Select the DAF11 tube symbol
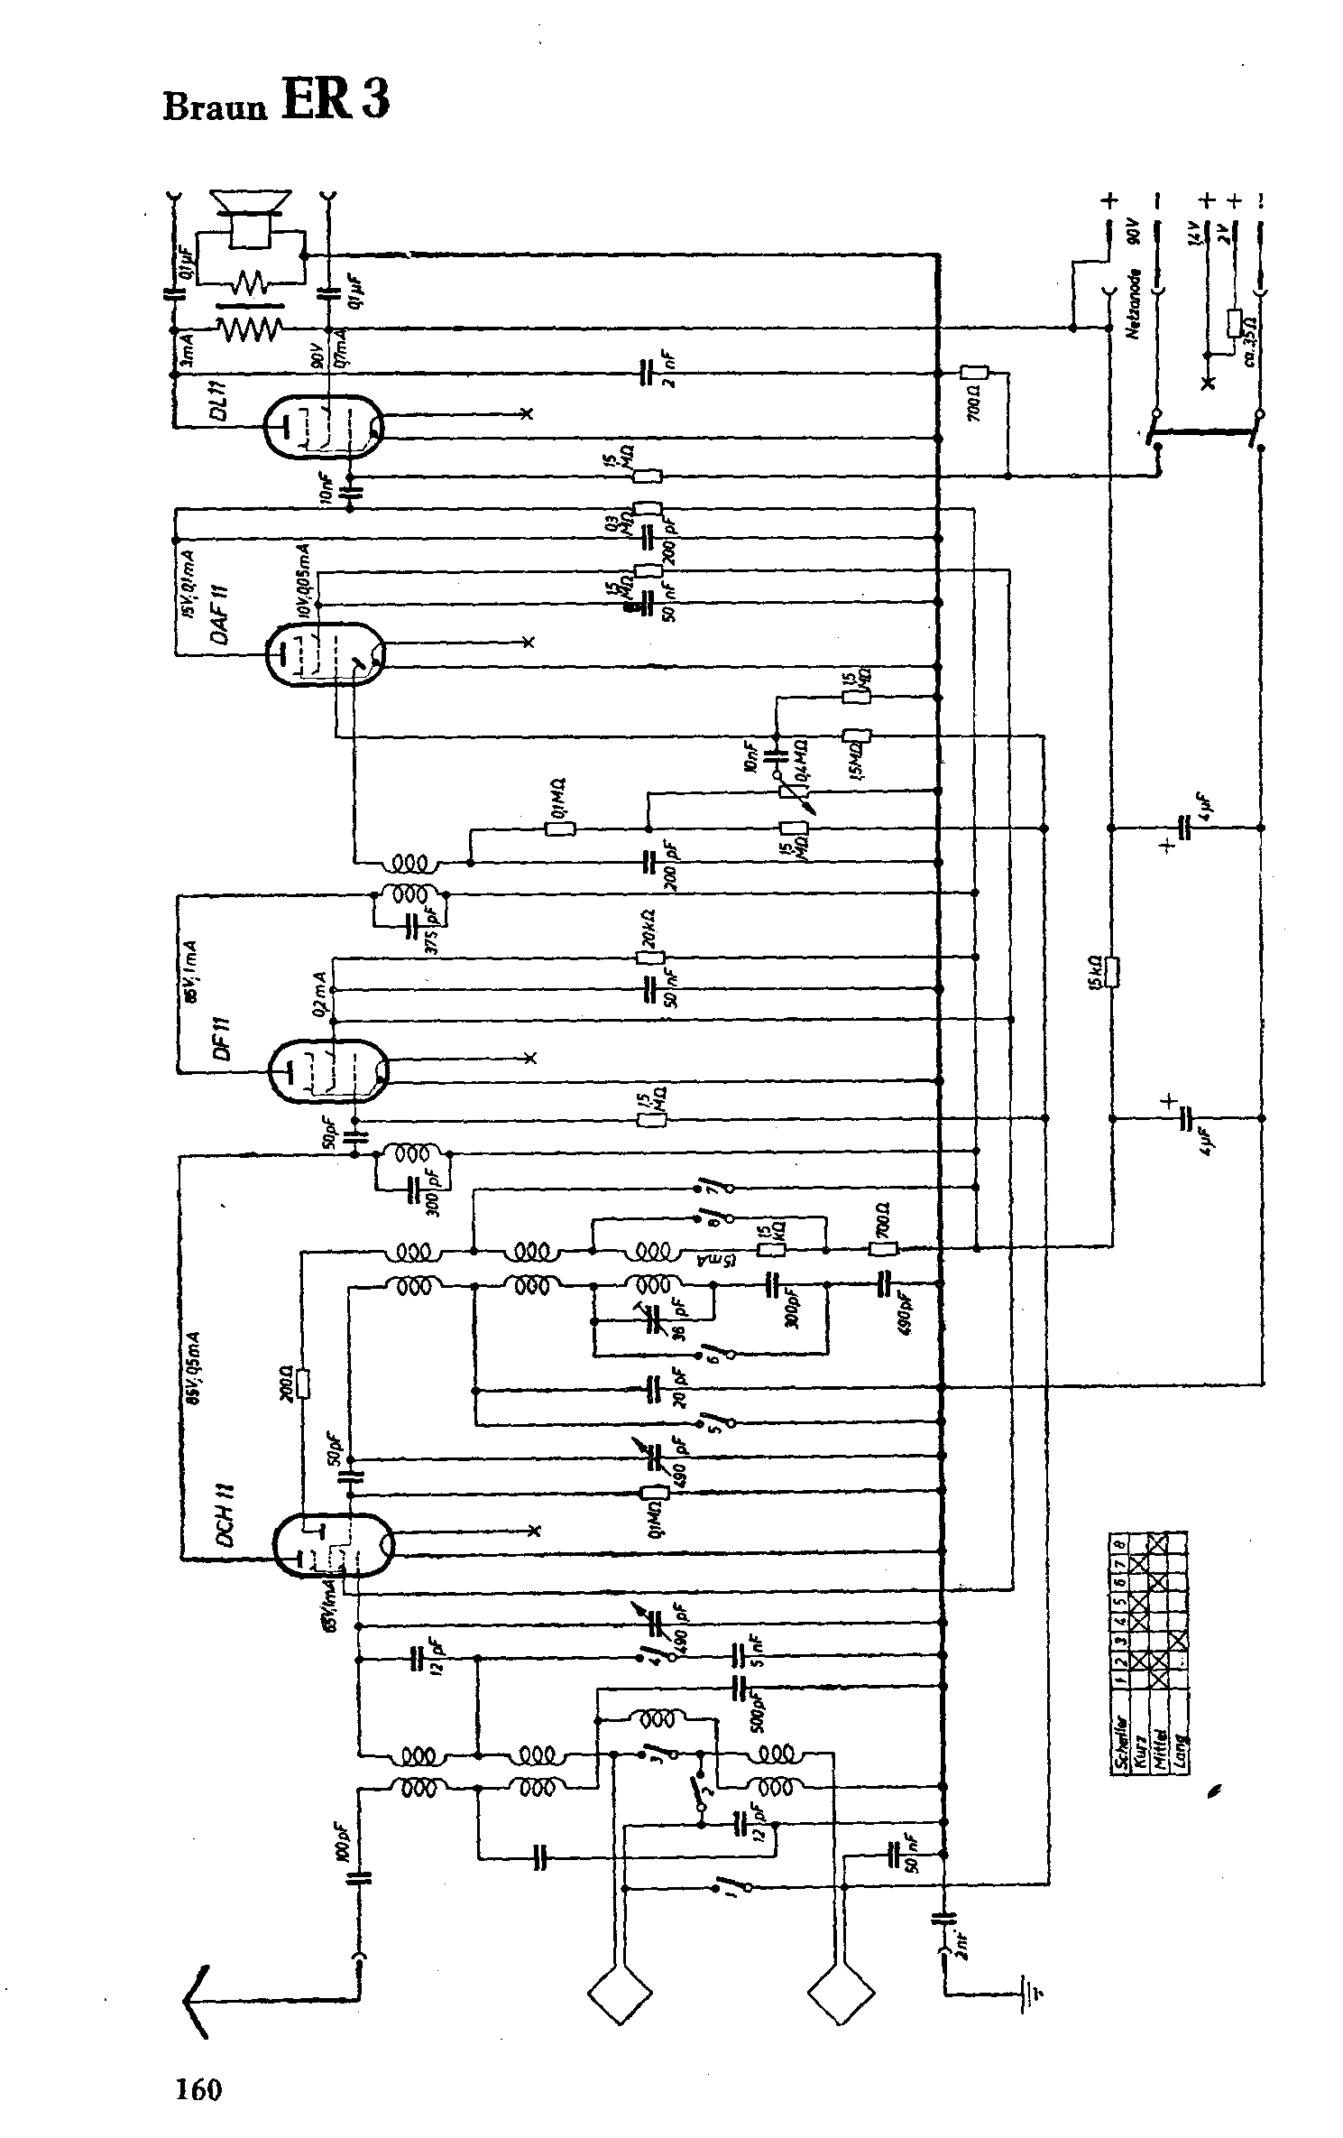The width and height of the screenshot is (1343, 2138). [x=326, y=653]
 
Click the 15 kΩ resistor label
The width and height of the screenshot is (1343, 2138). [x=1094, y=972]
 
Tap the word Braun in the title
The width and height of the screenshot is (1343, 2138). [x=216, y=107]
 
